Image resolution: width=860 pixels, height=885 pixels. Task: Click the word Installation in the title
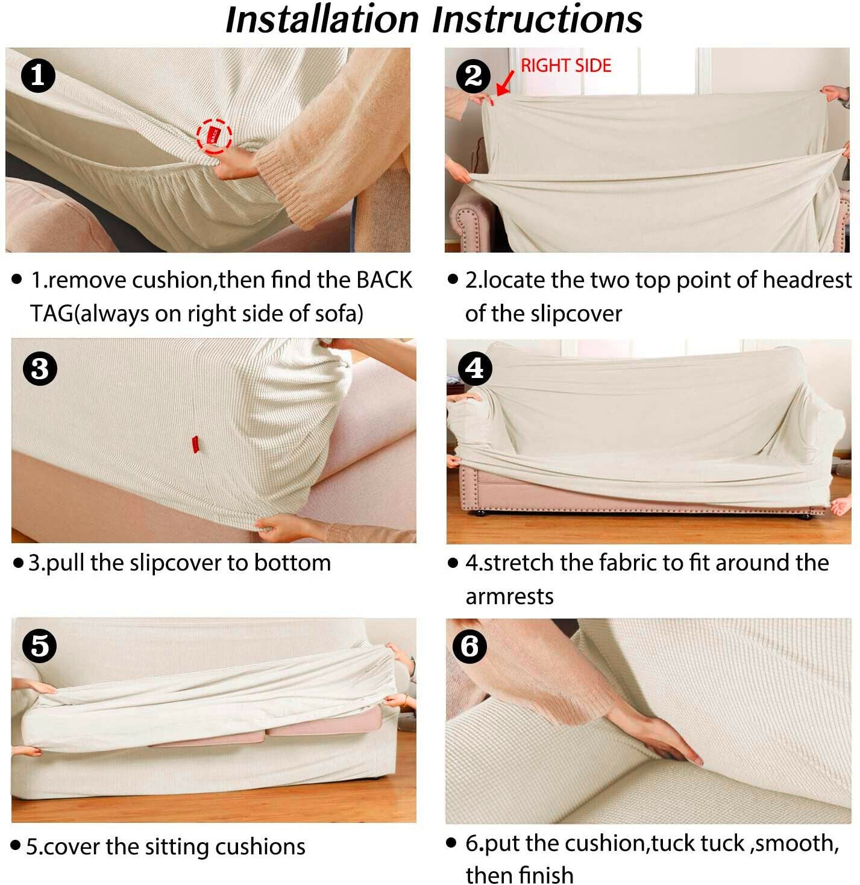[x=322, y=19]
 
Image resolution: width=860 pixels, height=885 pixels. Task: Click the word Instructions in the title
[x=537, y=19]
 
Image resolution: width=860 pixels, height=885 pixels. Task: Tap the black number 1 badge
[x=38, y=75]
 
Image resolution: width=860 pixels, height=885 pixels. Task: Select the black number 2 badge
[x=473, y=75]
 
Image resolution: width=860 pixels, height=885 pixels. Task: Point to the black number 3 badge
[x=40, y=368]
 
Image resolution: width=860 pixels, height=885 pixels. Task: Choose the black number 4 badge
[x=475, y=368]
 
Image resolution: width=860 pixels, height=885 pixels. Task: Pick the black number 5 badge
[x=40, y=646]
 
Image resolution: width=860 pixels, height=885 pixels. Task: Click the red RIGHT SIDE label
[x=566, y=66]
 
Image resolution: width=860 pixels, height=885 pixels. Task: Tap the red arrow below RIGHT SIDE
[x=505, y=83]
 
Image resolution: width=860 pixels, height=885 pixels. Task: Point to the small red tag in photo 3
[x=195, y=444]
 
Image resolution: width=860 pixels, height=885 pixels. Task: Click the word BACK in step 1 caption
[x=384, y=280]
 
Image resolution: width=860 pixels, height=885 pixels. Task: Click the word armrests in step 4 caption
[x=509, y=597]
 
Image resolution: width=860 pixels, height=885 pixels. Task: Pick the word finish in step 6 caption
[x=545, y=874]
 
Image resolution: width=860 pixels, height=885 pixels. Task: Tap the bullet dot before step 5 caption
[x=16, y=846]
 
